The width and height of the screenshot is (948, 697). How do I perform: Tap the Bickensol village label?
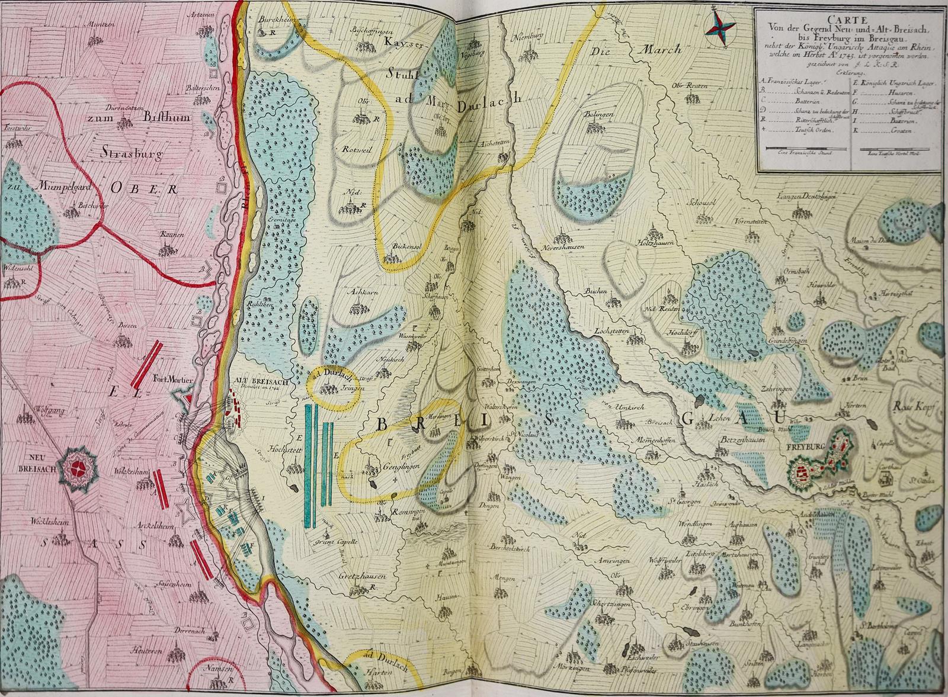pos(405,245)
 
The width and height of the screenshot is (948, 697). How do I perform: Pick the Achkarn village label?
pos(357,292)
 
